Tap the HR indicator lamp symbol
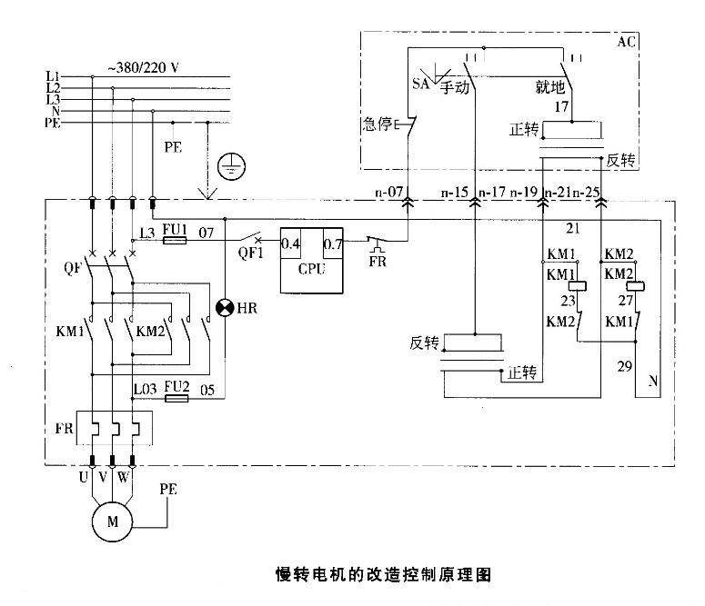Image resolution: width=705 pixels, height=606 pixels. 225,307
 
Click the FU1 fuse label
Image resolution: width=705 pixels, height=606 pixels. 175,231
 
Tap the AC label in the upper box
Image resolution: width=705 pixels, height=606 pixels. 627,43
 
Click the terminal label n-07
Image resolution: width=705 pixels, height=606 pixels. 389,194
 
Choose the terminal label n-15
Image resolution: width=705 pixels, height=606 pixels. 454,194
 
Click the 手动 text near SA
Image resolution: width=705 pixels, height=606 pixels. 454,88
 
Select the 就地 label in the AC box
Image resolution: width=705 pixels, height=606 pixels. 552,88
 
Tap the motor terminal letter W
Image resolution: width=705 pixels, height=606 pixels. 133,477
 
